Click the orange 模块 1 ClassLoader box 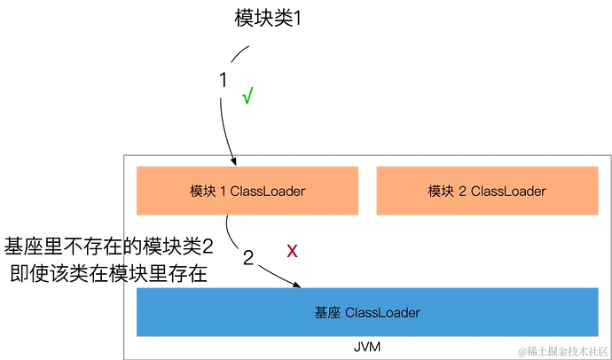point(247,191)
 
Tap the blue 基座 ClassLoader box point(366,312)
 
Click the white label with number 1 point(224,82)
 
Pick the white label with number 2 point(248,259)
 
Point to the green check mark point(247,93)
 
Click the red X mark point(292,252)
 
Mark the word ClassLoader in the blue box point(382,313)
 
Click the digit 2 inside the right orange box point(463,192)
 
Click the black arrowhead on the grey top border point(235,159)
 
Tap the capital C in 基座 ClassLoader point(349,313)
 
